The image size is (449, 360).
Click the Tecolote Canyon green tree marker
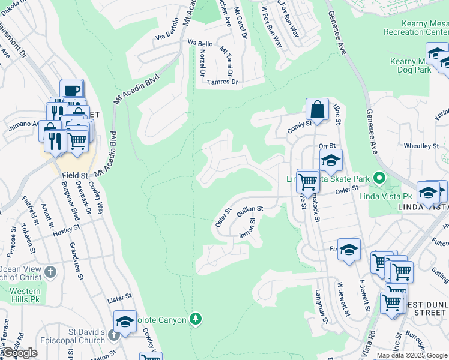coord(195,318)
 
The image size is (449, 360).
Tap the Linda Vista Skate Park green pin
coord(378,178)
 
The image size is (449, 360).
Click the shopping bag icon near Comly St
coord(317,110)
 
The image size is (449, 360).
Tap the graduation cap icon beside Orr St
coord(330,160)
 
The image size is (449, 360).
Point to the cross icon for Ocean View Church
coord(51,271)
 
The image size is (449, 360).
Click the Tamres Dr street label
coord(222,82)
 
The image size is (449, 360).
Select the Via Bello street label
coord(200,44)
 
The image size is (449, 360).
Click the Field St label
coord(75,175)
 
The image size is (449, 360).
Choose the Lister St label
coord(119,297)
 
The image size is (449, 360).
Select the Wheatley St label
coord(421,146)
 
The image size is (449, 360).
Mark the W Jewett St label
coord(343,299)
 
